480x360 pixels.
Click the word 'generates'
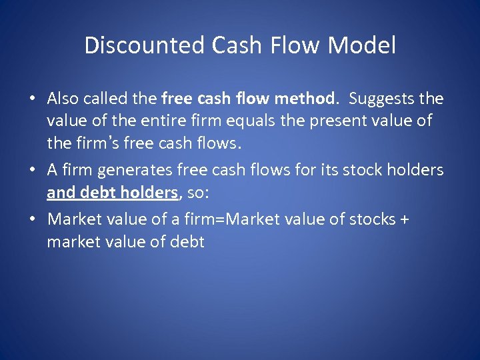click(152, 170)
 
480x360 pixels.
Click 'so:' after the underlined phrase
click(201, 193)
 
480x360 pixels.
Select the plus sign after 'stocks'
click(404, 219)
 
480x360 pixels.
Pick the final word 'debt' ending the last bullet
click(187, 241)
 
